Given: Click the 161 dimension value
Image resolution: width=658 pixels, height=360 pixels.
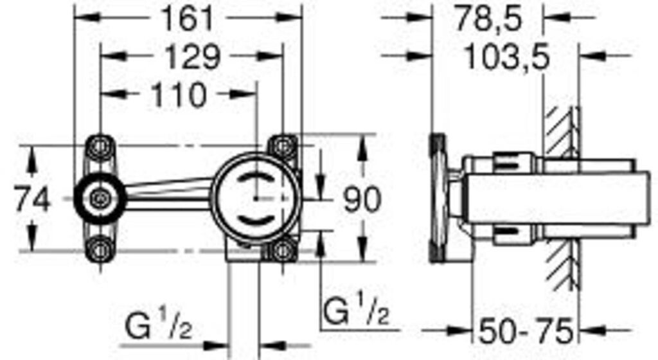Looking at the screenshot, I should tap(186, 19).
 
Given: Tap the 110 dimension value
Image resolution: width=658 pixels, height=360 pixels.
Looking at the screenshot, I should tap(179, 96).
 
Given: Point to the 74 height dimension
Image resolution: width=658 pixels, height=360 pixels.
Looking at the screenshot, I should tap(32, 200).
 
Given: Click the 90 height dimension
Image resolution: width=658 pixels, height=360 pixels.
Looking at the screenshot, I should tap(360, 200).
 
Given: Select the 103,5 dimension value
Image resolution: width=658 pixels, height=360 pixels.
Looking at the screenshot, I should tap(507, 58).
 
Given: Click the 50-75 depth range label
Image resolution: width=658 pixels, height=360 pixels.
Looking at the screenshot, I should tap(526, 332).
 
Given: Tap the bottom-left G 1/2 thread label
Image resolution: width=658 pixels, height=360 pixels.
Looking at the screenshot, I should tap(157, 330).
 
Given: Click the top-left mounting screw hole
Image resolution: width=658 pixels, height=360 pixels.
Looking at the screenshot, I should tap(100, 147).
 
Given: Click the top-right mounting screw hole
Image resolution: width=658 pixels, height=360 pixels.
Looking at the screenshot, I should tap(282, 146).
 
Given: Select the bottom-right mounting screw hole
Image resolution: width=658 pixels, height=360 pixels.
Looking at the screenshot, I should tap(282, 249).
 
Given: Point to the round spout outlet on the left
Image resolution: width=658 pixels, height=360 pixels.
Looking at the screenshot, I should tap(99, 198).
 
